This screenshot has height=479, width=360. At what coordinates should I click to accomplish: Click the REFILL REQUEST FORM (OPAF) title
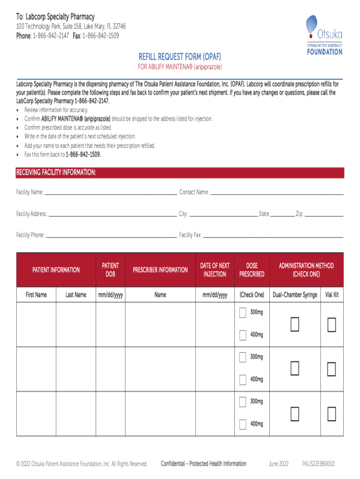click(180, 57)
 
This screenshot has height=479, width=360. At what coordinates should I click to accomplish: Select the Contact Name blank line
click(276, 192)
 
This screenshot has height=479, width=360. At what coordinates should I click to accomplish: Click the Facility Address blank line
click(112, 214)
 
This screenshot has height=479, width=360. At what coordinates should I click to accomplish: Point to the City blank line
click(223, 214)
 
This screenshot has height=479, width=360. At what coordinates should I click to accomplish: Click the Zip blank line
click(324, 214)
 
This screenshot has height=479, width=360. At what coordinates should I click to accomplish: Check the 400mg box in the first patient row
click(243, 335)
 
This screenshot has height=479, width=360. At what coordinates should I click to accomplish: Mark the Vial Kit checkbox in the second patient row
click(331, 369)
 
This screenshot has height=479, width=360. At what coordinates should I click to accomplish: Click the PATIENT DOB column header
click(110, 270)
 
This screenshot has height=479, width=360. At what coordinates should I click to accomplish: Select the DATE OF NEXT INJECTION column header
click(215, 270)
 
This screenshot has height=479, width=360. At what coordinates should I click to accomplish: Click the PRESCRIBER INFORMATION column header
click(160, 270)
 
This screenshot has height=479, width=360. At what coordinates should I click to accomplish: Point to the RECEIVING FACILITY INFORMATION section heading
click(57, 173)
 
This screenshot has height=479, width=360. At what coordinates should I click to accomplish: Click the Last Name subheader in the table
click(76, 295)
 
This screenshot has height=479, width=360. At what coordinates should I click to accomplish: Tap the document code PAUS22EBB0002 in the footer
click(318, 464)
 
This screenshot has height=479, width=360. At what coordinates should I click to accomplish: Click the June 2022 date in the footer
click(279, 464)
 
